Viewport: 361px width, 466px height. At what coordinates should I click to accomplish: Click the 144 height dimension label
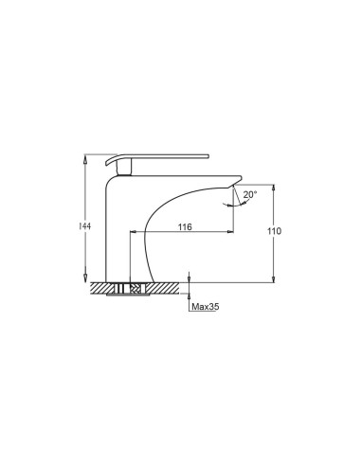point(84,226)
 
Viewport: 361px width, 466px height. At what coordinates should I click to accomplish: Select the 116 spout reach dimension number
point(185,226)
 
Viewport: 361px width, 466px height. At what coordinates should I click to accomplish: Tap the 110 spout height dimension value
point(274,231)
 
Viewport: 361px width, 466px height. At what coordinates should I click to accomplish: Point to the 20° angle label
point(250,194)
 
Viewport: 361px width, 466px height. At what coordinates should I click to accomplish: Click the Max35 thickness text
point(206,306)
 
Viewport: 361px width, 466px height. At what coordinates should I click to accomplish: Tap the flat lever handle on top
point(157,158)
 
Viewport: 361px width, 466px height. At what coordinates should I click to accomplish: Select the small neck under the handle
point(124,167)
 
